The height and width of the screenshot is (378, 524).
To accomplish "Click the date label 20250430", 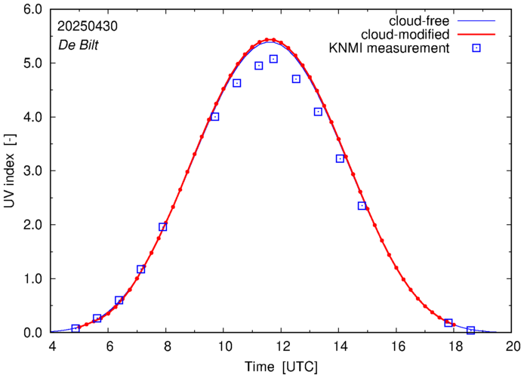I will coord(87,25).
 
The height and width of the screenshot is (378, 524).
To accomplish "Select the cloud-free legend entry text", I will coord(417,20).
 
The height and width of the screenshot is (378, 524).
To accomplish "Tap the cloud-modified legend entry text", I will coord(405,35).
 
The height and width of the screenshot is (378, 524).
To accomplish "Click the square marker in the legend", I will coord(476,48).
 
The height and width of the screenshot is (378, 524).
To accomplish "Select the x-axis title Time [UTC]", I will coord(282,367).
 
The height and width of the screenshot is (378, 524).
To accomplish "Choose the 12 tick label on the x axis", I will coord(282,348).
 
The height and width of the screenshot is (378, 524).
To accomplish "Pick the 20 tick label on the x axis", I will coord(513,348).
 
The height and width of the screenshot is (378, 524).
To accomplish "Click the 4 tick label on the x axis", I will coord(52,348).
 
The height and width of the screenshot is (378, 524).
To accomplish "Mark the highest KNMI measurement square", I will coord(273,59).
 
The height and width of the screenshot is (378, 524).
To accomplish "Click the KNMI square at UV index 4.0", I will coord(214,116).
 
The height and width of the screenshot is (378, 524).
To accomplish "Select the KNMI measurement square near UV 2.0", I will coord(162,226).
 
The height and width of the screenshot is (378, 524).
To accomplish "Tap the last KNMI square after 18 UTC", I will coord(470,330).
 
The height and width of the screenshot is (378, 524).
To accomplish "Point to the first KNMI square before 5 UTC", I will coord(76,328).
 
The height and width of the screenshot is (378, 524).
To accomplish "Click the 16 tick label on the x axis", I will coord(398,348).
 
